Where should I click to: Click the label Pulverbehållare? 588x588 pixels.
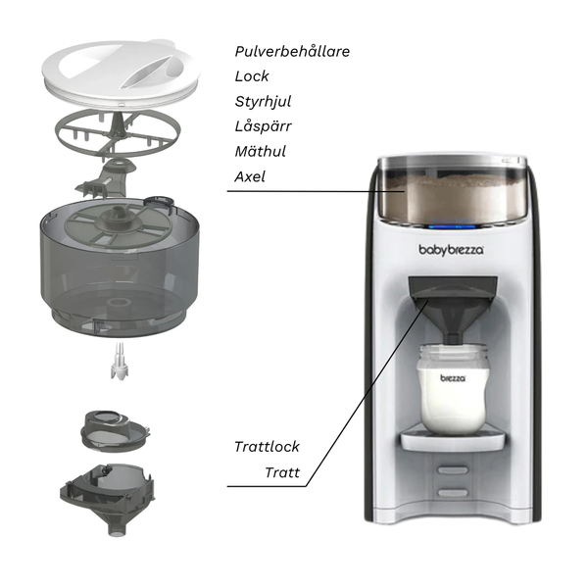point(292,51)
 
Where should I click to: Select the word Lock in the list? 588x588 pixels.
point(252,76)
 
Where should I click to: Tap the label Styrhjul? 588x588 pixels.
point(263,102)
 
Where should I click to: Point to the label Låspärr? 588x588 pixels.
point(263,127)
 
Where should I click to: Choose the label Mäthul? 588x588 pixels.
point(261,153)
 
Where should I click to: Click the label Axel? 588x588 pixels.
point(250,178)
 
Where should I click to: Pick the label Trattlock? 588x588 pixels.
point(267,447)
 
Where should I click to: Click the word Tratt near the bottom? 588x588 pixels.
point(282,474)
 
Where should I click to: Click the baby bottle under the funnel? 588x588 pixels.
point(452,387)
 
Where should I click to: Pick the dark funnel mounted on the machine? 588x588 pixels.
point(451,314)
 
